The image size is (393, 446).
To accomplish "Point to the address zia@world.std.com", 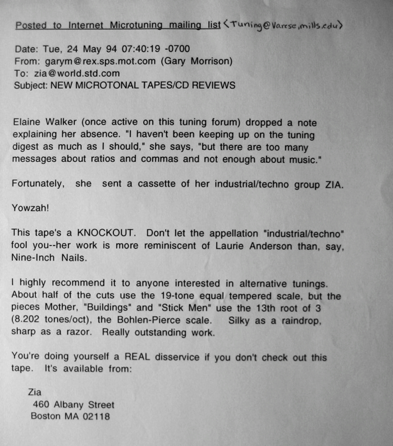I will tap(64, 74).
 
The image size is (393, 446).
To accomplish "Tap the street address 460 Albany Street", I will tap(74, 404).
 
